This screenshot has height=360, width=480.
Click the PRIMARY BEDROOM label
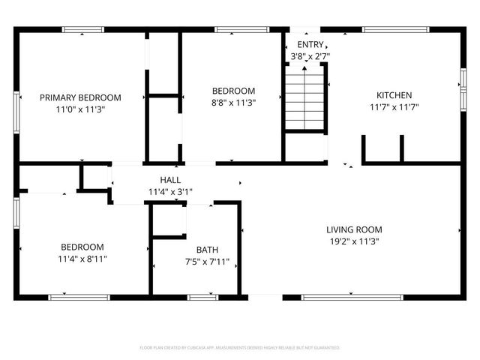(80, 97)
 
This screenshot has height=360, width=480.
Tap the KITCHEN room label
(394, 95)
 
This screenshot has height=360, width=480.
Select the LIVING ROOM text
(354, 229)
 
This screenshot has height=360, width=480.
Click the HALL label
(170, 180)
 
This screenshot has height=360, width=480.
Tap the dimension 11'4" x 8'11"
(82, 259)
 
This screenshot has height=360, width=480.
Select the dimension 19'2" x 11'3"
(354, 241)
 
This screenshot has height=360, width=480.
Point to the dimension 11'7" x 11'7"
(394, 107)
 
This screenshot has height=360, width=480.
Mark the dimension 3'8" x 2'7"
(310, 56)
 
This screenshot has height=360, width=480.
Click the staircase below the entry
(304, 97)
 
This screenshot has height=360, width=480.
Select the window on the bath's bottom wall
(202, 297)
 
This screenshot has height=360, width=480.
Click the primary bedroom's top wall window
(82, 30)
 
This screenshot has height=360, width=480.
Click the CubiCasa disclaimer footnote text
(240, 348)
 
